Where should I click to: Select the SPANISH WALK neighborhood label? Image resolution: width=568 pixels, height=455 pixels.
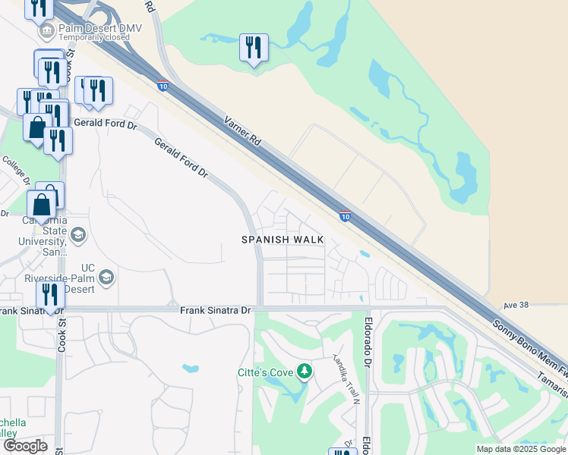(283, 240)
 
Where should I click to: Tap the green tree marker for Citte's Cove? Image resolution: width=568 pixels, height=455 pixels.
(305, 371)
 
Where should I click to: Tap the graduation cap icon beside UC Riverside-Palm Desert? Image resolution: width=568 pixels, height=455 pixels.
(106, 277)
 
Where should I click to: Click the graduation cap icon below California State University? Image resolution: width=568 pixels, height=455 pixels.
(77, 236)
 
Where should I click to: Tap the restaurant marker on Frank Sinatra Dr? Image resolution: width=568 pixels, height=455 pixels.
(51, 295)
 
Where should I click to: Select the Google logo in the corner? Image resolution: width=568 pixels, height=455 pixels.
(24, 446)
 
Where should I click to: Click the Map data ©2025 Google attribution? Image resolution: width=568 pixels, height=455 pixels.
(521, 449)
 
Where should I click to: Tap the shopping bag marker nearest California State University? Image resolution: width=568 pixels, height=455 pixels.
(41, 205)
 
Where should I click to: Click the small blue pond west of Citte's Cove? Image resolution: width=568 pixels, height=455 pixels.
(190, 369)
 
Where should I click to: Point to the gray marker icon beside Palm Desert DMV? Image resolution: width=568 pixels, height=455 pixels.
(49, 31)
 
